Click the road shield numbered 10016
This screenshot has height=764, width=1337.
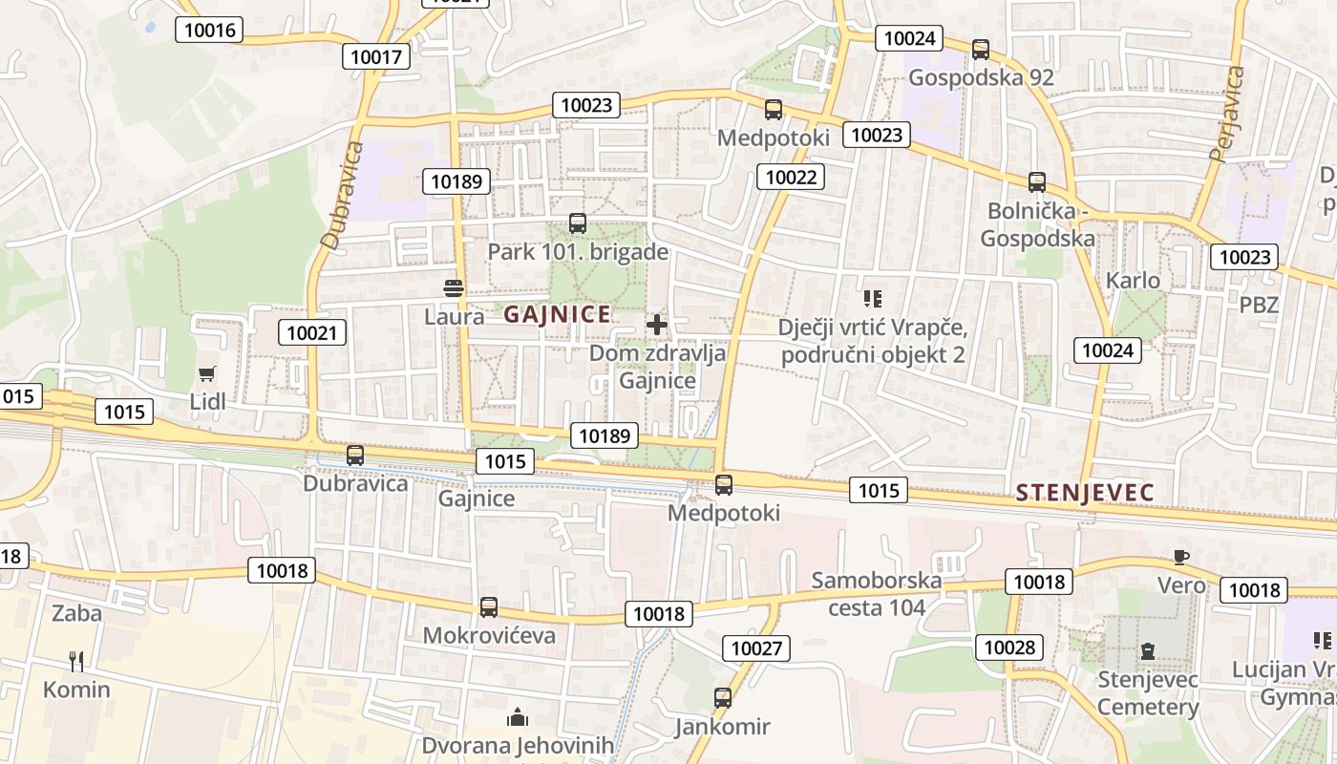click(x=209, y=30)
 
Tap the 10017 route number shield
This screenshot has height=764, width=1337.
click(x=376, y=56)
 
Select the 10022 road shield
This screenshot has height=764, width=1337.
click(x=791, y=176)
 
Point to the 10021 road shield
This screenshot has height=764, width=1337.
click(x=312, y=332)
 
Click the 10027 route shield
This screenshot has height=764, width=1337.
click(x=756, y=648)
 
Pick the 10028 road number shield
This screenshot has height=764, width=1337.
click(x=1008, y=647)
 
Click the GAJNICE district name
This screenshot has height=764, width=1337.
click(x=557, y=314)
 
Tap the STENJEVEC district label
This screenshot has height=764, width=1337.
click(x=1085, y=493)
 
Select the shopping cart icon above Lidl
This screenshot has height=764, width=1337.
click(x=207, y=373)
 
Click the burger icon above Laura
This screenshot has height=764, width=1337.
click(x=454, y=287)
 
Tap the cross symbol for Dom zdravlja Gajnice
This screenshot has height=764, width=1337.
click(x=657, y=325)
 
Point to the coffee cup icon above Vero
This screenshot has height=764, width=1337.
click(x=1181, y=557)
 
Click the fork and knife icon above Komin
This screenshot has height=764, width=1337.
click(x=76, y=661)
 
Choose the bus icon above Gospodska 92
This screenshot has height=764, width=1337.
click(x=980, y=50)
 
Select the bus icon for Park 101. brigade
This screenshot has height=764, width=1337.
click(x=577, y=223)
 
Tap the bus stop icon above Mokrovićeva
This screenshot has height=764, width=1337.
click(x=488, y=607)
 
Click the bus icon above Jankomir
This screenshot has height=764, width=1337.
click(x=723, y=698)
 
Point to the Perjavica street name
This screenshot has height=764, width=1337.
click(x=1227, y=113)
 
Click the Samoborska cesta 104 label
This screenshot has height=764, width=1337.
click(x=877, y=593)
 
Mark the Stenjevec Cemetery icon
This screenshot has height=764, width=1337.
click(x=1147, y=652)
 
